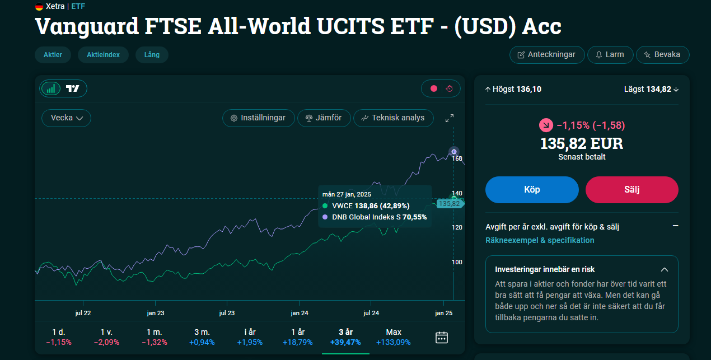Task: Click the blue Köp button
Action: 532,190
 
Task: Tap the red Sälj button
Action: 632,190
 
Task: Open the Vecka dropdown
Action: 66,118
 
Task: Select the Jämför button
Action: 324,118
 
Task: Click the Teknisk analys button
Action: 393,118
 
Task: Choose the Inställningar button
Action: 259,118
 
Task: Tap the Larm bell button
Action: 610,55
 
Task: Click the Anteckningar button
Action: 547,55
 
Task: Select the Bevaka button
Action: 662,55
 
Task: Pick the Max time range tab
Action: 393,337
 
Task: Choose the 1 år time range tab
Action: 298,337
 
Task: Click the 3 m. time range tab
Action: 202,337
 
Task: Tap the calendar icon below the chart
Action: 442,338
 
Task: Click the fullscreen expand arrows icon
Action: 450,118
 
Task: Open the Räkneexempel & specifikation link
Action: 540,240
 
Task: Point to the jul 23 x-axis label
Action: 227,313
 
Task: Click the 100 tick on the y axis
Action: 457,262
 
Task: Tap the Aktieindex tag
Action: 103,55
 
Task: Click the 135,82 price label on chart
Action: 450,203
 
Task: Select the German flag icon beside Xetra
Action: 39,6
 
